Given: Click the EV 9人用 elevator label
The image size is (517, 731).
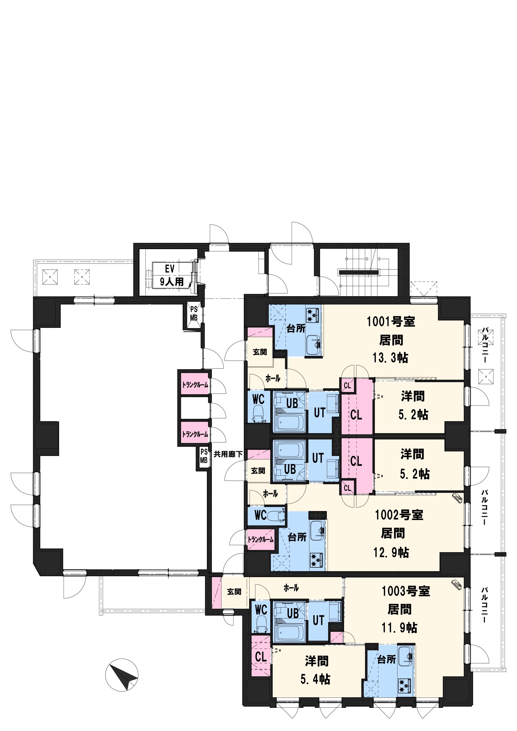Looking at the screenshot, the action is (171, 275).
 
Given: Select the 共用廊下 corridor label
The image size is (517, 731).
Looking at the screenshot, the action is (228, 454).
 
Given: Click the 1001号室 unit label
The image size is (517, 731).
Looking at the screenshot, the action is (391, 322).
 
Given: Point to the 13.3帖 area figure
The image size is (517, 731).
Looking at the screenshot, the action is (390, 358).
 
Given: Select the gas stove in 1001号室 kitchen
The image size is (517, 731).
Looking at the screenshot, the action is (314, 315).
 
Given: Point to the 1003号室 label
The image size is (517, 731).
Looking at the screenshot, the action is (406, 591).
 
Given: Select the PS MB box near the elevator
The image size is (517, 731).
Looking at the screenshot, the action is (194, 314).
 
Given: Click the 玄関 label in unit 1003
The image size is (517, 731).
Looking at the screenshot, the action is (234, 592).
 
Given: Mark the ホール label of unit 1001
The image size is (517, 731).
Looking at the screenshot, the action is (273, 378).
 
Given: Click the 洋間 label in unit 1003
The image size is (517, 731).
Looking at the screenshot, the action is (316, 661).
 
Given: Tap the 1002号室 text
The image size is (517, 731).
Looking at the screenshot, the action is (399, 515).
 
